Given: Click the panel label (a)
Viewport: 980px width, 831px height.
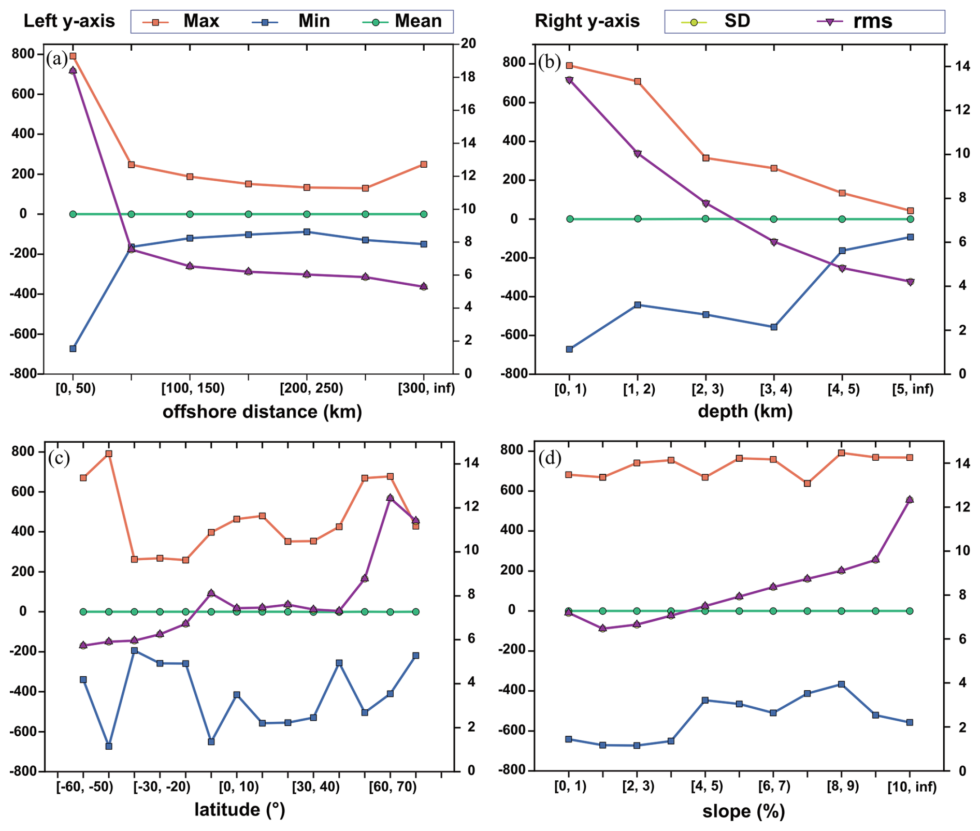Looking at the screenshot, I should pyautogui.click(x=57, y=59).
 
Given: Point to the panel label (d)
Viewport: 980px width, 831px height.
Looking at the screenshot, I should pyautogui.click(x=550, y=458).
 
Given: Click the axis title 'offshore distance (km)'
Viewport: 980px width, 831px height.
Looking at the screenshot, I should pyautogui.click(x=262, y=412).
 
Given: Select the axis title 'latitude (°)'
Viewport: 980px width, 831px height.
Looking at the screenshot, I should pyautogui.click(x=240, y=809).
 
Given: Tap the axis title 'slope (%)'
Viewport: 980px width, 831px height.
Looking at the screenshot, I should pyautogui.click(x=743, y=811).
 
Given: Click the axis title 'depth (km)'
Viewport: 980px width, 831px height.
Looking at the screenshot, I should pyautogui.click(x=745, y=411).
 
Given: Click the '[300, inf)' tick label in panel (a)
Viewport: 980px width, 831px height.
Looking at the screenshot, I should pyautogui.click(x=426, y=388).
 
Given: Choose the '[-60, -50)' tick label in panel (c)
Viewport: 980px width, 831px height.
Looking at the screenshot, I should pyautogui.click(x=84, y=787).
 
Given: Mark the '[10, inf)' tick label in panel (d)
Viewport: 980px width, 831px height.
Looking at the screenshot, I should pyautogui.click(x=912, y=787).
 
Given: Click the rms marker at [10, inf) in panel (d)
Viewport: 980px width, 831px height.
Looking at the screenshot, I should pyautogui.click(x=910, y=500).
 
